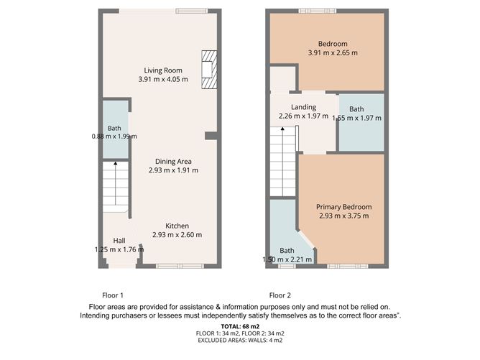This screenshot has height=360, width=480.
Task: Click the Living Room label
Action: (163, 70)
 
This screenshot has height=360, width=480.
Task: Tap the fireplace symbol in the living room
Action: (209, 70)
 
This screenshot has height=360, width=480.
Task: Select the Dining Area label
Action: (173, 162)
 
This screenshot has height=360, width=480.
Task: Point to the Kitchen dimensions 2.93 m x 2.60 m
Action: (177, 235)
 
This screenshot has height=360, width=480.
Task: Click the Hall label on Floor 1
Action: (119, 241)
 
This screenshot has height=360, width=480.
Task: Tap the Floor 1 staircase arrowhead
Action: (116, 163)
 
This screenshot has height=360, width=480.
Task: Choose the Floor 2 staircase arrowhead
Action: (282, 129)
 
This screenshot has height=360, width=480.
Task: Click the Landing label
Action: (303, 107)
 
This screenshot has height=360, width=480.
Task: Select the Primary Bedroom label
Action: (343, 207)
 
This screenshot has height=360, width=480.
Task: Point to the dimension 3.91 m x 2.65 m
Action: (333, 52)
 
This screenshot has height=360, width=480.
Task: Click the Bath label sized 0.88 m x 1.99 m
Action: (114, 129)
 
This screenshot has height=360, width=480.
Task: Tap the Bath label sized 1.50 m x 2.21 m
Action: (287, 250)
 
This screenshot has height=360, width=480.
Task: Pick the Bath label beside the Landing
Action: (356, 109)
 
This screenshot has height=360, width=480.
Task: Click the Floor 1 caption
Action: (113, 295)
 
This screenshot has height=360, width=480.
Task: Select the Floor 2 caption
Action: (280, 295)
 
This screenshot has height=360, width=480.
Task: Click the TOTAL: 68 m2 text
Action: (240, 326)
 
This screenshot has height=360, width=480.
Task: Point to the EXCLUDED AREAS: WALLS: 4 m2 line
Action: (240, 340)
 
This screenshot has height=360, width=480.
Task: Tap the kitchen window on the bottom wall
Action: (180, 266)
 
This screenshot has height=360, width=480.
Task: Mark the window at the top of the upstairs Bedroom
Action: (318, 11)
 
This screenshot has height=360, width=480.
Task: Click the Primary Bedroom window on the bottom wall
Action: (348, 266)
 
